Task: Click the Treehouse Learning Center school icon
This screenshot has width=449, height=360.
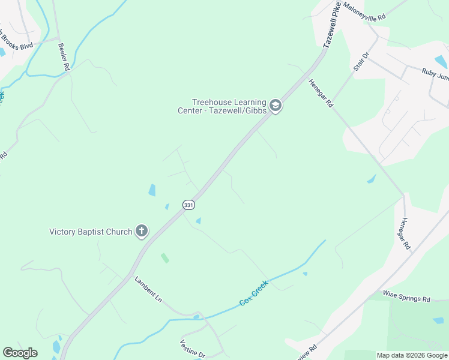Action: coord(276,106)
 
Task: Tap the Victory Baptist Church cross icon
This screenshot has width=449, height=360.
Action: coord(142,231)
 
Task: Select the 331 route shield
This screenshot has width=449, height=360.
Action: coord(188,205)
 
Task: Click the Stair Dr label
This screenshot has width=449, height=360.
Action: coord(361,62)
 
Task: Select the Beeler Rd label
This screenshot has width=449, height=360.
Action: coord(64,57)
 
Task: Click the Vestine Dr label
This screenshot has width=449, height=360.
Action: coord(192,349)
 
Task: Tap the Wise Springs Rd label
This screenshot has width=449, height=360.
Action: coord(407,298)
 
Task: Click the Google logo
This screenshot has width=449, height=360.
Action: coord(20,353)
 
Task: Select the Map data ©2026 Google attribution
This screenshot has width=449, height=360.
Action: coord(412,355)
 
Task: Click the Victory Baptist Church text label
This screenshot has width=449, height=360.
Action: coord(91,232)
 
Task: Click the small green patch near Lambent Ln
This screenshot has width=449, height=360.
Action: coord(164,258)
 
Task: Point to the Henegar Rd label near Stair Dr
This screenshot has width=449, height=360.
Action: coord(321,94)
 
